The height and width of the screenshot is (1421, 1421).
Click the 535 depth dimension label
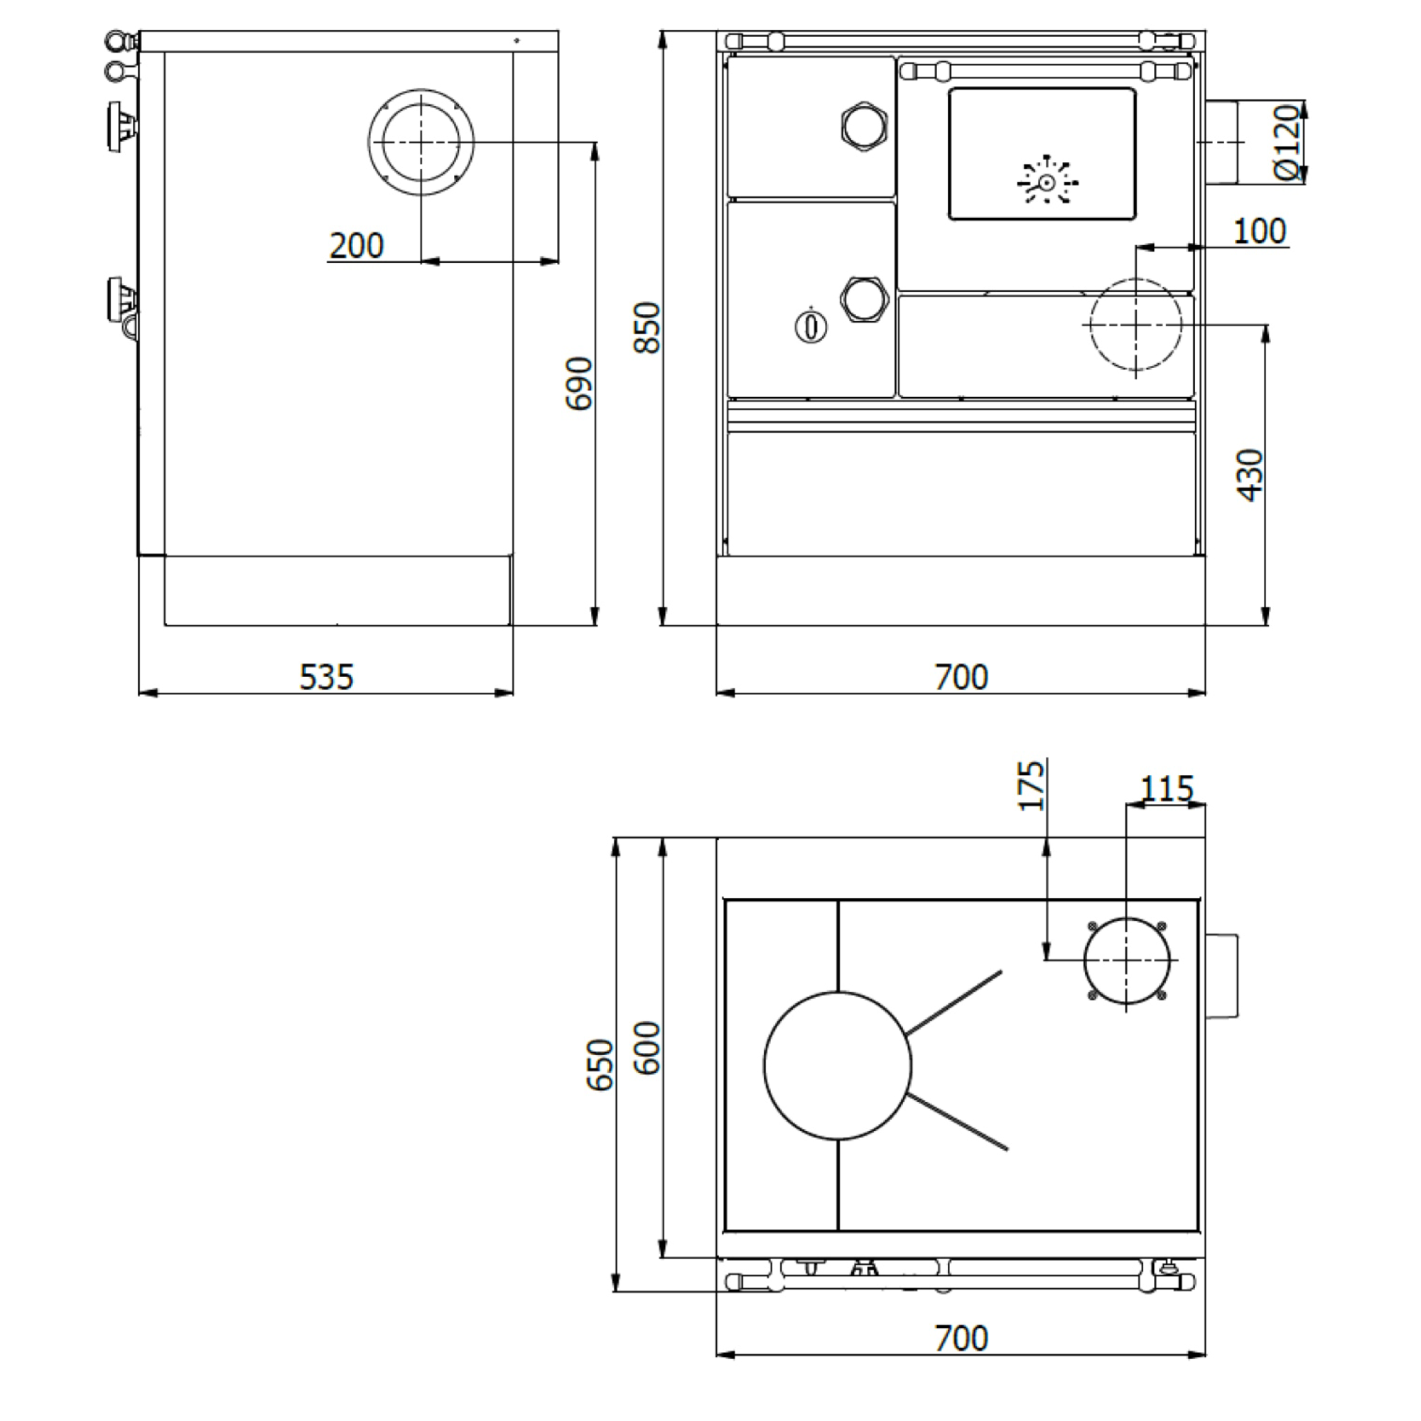(327, 677)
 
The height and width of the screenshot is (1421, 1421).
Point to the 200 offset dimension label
(356, 246)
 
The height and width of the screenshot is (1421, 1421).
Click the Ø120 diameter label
(1287, 141)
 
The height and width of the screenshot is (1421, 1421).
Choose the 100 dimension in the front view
(1259, 232)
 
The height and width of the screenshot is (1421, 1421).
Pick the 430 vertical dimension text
(1250, 475)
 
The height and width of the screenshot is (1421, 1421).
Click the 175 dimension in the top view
(1031, 786)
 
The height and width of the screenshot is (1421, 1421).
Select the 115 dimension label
(1167, 789)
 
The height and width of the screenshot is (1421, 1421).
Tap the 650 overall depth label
(600, 1064)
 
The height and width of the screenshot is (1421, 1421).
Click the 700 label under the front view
(961, 677)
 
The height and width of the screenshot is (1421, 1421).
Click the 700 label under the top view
(961, 1339)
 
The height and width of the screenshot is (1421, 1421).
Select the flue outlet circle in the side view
(421, 143)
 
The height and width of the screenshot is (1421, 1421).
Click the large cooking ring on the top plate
(838, 1066)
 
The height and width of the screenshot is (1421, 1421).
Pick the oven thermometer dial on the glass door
(1047, 183)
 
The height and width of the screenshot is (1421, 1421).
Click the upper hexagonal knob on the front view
(864, 126)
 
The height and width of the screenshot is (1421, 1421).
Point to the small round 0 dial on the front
(811, 326)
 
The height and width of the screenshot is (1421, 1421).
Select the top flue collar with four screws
(1126, 960)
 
